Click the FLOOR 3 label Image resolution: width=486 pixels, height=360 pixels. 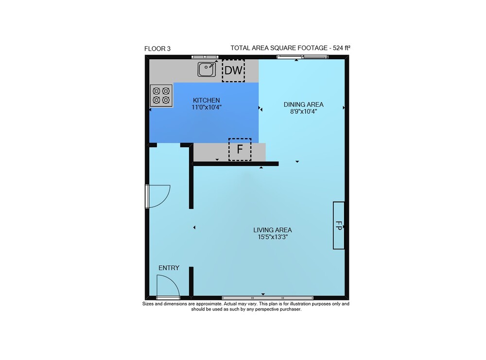coord(157,49)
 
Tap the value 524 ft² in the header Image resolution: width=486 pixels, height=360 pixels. coord(342,48)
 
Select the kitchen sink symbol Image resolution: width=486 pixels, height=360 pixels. coord(207,69)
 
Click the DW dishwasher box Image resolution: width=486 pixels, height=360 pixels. coord(233,70)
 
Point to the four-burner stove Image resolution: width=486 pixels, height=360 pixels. coord(161,95)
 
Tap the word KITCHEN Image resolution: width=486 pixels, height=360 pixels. coord(207,101)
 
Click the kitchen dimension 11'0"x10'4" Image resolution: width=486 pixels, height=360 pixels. coord(207,107)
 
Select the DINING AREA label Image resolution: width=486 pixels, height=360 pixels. coord(303,105)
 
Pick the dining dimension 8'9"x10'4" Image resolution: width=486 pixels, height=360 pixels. coord(303,112)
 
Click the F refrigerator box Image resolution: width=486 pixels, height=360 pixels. coord(240,149)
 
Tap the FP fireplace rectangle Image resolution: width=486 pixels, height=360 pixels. coord(338,225)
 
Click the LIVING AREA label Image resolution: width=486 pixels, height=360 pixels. coord(273,230)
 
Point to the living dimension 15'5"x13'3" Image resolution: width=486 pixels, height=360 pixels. coord(273,237)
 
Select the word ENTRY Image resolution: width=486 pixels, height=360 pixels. coord(169,268)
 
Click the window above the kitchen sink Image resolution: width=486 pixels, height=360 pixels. coord(205,57)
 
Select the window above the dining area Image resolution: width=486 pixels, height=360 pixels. coord(302,57)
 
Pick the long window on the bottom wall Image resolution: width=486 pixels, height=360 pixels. coord(267,298)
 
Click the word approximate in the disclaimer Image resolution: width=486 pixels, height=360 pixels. coord(209,304)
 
